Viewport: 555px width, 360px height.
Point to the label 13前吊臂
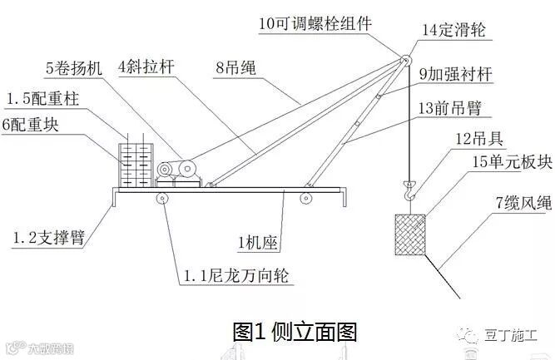(x=454, y=107)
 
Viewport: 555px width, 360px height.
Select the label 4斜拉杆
(x=148, y=66)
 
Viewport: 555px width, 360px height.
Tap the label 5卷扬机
(x=75, y=67)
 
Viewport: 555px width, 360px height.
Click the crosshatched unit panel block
(x=409, y=235)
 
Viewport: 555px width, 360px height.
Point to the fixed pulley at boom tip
(x=405, y=59)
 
